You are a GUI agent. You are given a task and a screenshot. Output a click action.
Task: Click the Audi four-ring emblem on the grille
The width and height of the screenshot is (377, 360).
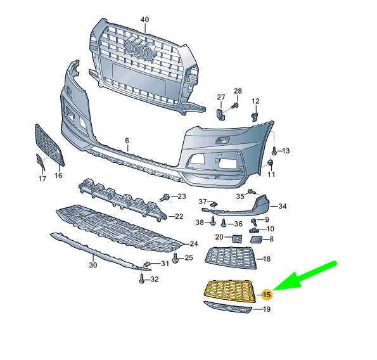pyautogui.click(x=139, y=48)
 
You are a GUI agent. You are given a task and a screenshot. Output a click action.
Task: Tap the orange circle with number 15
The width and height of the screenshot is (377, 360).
pyautogui.click(x=267, y=295)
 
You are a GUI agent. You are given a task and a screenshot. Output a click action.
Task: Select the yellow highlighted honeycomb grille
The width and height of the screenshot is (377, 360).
pyautogui.click(x=230, y=291)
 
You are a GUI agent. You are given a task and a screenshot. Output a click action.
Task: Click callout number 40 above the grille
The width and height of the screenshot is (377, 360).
pyautogui.click(x=144, y=19)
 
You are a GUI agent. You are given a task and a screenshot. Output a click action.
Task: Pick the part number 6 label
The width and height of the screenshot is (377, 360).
pyautogui.click(x=127, y=141)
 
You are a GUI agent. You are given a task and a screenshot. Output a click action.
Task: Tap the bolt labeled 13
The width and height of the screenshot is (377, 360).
pyautogui.click(x=274, y=151)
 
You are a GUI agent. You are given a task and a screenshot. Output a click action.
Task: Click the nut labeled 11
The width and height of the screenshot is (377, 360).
pyautogui.click(x=271, y=162)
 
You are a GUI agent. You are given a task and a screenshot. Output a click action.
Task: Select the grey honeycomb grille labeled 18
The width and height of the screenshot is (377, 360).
pyautogui.click(x=231, y=257)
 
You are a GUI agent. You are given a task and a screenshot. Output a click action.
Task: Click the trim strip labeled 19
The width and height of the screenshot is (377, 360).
pyautogui.click(x=227, y=307)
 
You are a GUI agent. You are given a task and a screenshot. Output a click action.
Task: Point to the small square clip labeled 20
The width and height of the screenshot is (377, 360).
pyautogui.click(x=237, y=238)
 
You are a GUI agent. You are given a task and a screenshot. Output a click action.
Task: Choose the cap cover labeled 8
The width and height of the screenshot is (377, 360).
pyautogui.click(x=257, y=240)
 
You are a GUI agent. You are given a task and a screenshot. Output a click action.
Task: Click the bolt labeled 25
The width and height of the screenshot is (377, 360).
pyautogui.click(x=176, y=258)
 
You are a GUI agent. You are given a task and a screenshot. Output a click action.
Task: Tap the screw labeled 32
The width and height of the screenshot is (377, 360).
pyautogui.click(x=142, y=278)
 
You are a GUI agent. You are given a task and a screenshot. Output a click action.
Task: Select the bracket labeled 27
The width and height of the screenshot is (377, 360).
pyautogui.click(x=220, y=115)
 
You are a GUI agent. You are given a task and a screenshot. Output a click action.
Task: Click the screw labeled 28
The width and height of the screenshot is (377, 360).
pyautogui.click(x=235, y=105)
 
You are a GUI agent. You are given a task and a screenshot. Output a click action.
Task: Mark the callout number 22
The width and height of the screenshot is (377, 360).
pyautogui.click(x=179, y=216)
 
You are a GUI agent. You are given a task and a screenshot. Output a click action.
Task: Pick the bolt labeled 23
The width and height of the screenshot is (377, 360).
pyautogui.click(x=166, y=198)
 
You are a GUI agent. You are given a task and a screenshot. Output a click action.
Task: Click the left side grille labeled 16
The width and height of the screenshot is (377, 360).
pyautogui.click(x=49, y=145)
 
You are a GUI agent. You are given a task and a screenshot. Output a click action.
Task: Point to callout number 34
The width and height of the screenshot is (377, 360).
pyautogui.click(x=282, y=206)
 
